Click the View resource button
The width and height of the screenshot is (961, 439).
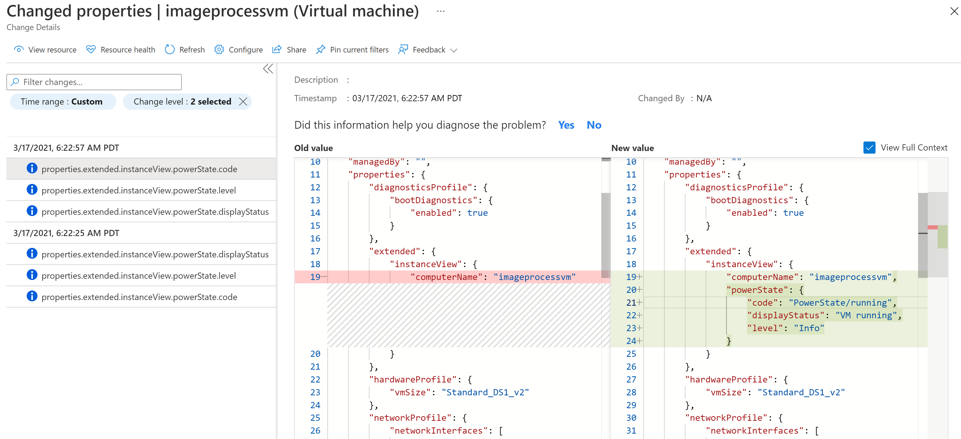(x=45, y=50)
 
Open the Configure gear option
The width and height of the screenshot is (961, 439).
(x=238, y=50)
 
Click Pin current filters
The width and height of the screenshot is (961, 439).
(x=352, y=50)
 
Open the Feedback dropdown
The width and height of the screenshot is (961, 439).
(x=428, y=50)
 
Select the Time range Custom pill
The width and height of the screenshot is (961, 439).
(x=62, y=101)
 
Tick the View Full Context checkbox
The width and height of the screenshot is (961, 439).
(x=869, y=147)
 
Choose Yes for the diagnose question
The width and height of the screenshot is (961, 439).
(x=566, y=125)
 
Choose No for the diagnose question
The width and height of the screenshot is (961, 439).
(x=594, y=125)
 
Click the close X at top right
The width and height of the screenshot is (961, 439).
(x=954, y=11)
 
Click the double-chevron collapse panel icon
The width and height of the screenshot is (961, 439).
(x=268, y=69)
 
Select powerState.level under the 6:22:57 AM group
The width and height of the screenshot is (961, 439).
(x=138, y=190)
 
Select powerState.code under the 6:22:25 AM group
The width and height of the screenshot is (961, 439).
(x=139, y=297)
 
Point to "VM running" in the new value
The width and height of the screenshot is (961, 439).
(x=866, y=315)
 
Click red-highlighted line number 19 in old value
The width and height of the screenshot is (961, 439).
(x=315, y=277)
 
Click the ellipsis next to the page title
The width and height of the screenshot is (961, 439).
(x=440, y=11)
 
